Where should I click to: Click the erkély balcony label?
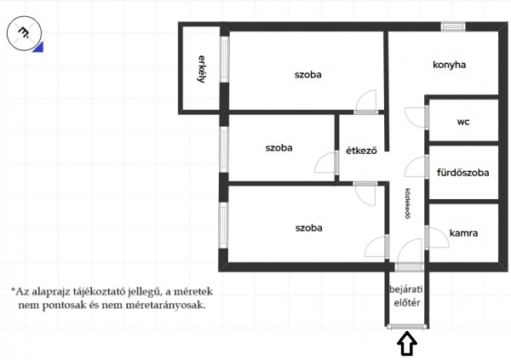[x=202, y=69]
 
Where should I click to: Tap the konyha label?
[x=449, y=65]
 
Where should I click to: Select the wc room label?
[x=463, y=122]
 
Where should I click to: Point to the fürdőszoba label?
[x=462, y=173]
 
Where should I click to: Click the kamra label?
[x=463, y=233]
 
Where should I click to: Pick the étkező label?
[x=361, y=151]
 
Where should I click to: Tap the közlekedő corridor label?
[x=407, y=203]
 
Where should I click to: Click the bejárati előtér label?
[x=406, y=296]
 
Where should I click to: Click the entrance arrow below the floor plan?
[x=407, y=343]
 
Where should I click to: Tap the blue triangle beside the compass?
[x=39, y=48]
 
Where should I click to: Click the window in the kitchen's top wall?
[x=453, y=26]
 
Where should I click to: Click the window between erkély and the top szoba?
[x=225, y=60]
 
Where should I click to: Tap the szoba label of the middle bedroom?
[x=278, y=148]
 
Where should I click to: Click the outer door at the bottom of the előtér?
[x=407, y=327]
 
